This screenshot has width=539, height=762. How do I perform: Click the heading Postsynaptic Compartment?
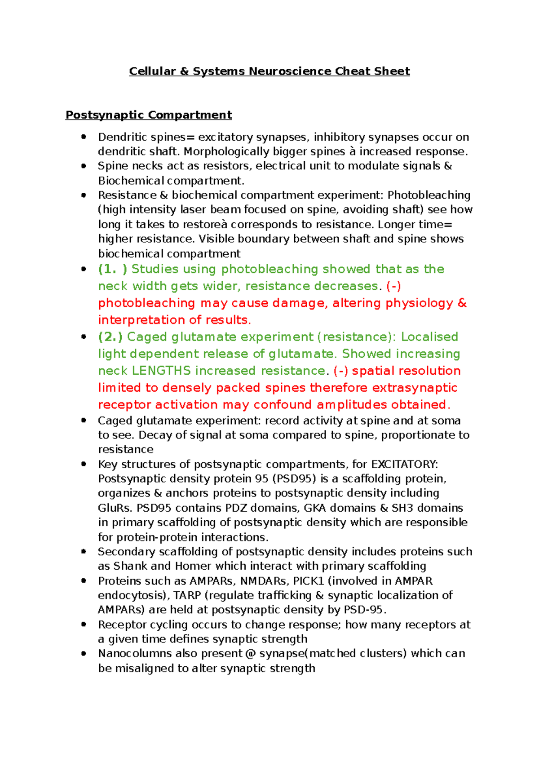pos(149,115)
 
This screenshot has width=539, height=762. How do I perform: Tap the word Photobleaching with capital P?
pos(429,195)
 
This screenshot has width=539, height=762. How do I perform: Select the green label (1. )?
pos(113,269)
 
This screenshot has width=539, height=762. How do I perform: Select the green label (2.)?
pos(110,337)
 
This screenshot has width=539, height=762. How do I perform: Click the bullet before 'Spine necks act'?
pos(84,166)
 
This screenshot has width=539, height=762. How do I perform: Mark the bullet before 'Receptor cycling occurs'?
pos(84,625)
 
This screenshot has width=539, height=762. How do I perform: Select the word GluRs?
pos(115,508)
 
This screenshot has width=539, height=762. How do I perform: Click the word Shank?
pos(130,566)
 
